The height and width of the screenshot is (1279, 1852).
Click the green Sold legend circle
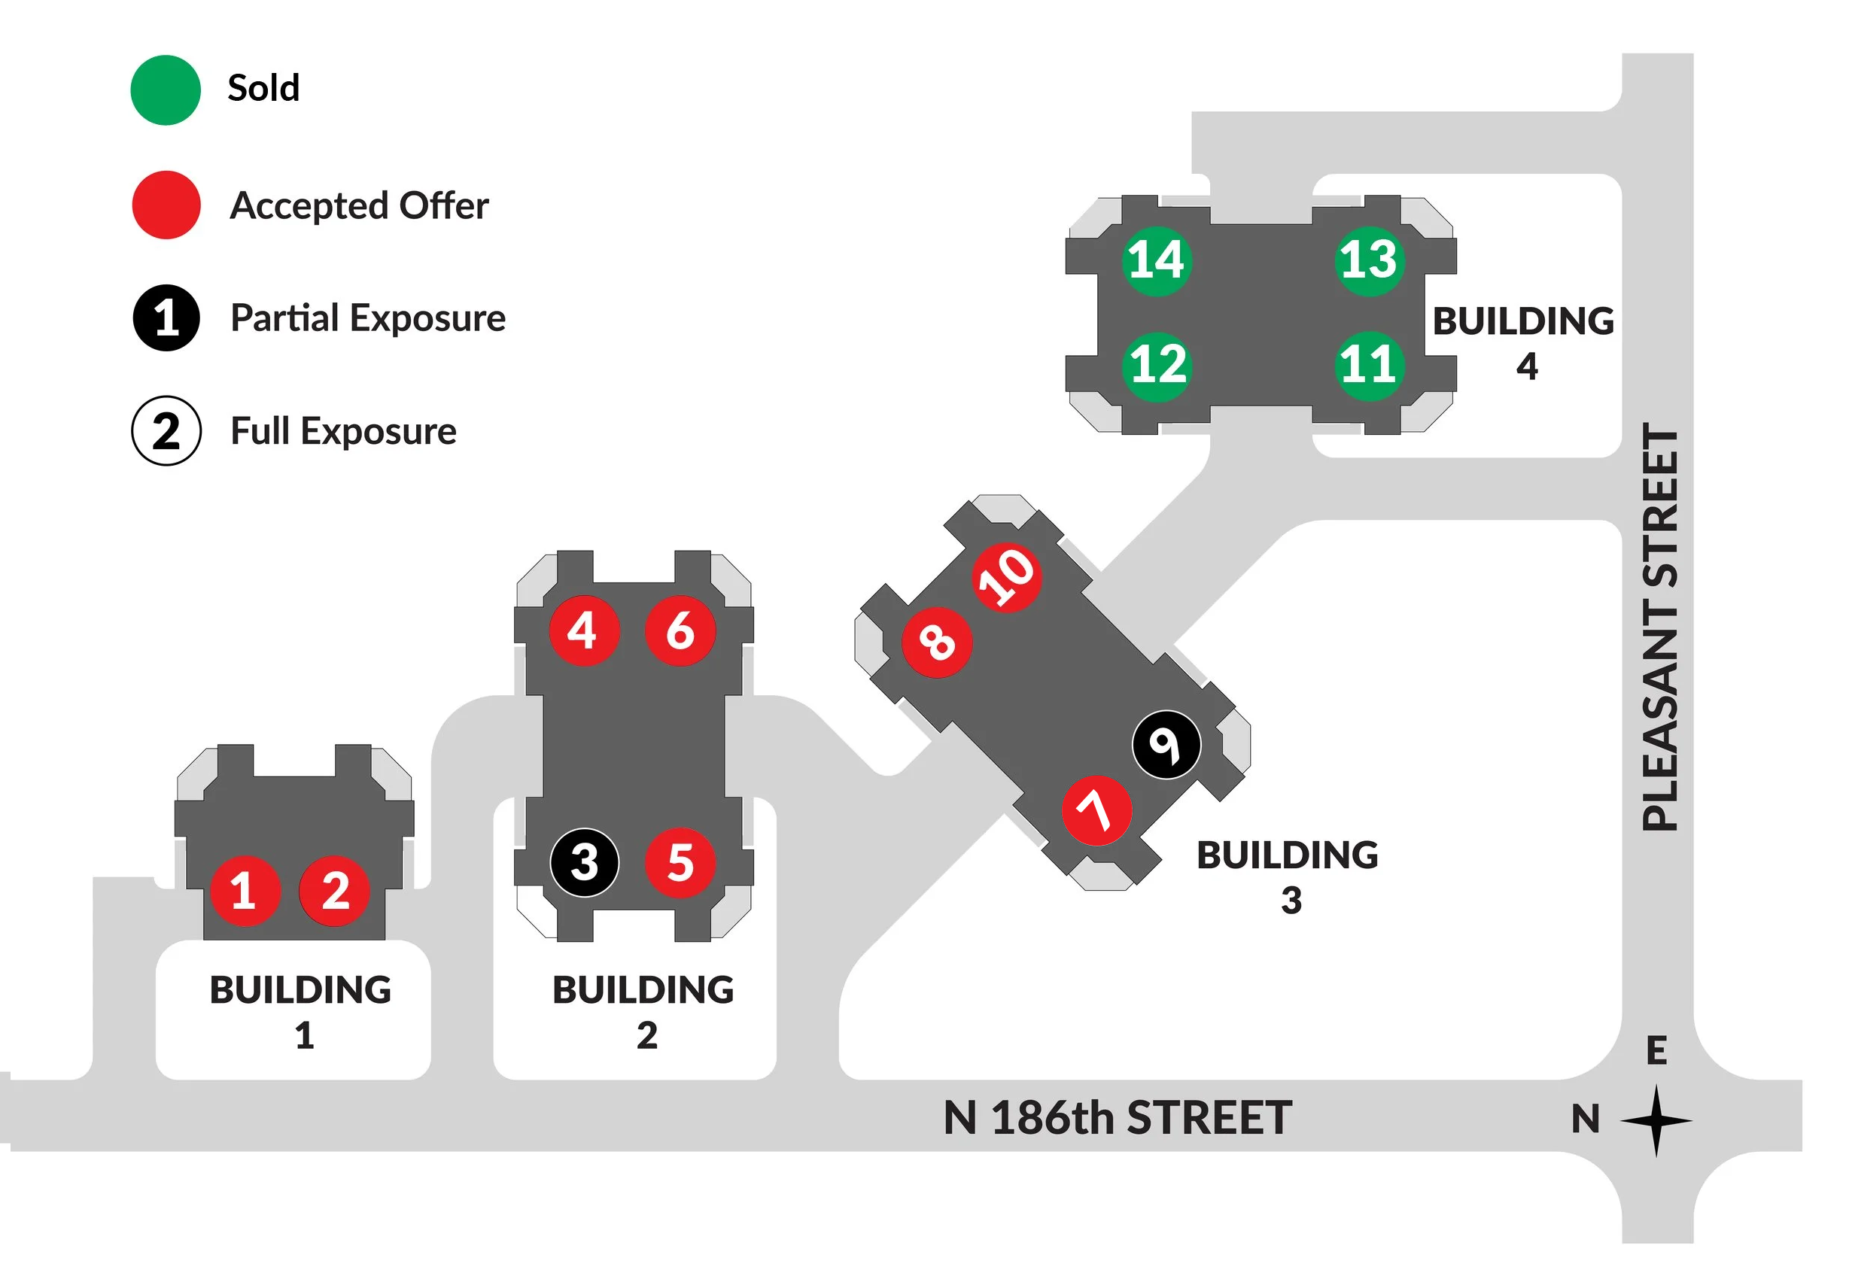tap(165, 90)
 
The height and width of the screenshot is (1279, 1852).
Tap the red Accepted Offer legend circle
tap(166, 205)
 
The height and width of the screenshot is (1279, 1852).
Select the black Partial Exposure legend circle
tap(166, 318)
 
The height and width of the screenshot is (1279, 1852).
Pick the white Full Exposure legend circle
tap(166, 431)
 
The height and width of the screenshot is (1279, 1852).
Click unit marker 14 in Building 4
tap(1156, 260)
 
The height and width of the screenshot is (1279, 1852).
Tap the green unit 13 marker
tap(1369, 260)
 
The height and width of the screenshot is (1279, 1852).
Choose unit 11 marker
tap(1369, 365)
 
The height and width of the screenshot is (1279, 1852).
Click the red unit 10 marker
tap(1007, 578)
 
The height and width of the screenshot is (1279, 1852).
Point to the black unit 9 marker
tap(1166, 745)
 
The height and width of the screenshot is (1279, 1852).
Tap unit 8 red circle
tap(937, 642)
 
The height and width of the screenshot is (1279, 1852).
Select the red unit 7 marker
tap(1096, 810)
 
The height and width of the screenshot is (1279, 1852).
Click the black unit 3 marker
tap(584, 862)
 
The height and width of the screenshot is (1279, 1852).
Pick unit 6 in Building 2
tap(680, 630)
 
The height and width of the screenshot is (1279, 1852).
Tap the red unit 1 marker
tap(245, 890)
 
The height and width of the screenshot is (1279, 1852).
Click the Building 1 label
tap(300, 1011)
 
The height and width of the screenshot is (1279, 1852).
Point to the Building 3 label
tap(1287, 876)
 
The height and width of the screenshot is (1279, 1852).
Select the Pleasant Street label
tap(1659, 627)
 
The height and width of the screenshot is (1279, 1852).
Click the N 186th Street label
tap(1117, 1118)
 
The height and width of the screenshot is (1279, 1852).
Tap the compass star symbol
tap(1656, 1120)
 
